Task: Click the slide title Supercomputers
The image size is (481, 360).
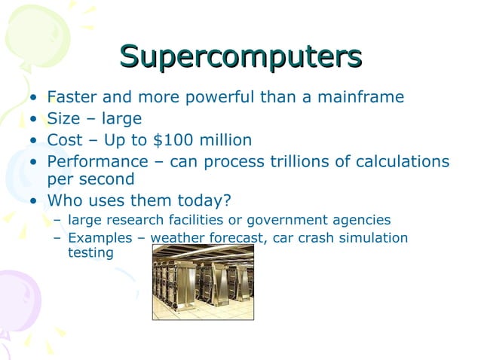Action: [x=240, y=56]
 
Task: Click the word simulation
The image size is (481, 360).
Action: [x=375, y=239]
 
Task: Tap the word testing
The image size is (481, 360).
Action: [x=90, y=253]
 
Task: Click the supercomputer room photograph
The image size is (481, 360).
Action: [x=203, y=282]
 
